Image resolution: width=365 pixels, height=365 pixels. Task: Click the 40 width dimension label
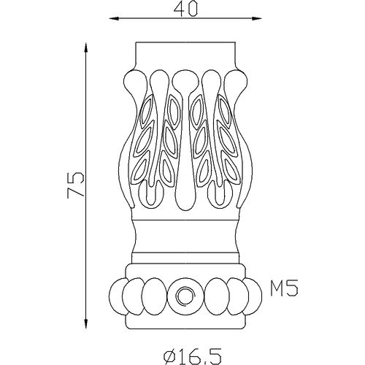(185, 10)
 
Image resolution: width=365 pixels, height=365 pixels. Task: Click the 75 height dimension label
(76, 185)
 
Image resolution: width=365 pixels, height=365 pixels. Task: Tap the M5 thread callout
(284, 288)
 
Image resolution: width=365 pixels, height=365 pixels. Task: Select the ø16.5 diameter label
(192, 356)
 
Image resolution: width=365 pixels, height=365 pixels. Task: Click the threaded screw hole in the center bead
(185, 296)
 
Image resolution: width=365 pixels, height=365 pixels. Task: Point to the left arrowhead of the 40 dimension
(114, 18)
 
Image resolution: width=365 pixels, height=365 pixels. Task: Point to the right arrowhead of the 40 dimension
(256, 18)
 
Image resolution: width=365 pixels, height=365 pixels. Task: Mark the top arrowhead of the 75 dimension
(85, 47)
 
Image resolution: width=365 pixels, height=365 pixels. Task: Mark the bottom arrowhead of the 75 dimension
(85, 323)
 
